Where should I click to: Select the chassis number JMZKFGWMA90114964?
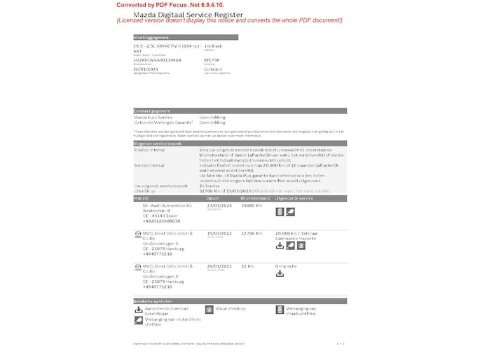tap(157, 60)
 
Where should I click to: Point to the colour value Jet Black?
tap(213, 46)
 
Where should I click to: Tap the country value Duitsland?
tap(213, 69)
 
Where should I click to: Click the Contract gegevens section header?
tap(151, 111)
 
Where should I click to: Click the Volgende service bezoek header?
tap(157, 143)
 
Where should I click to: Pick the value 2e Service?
tap(212, 186)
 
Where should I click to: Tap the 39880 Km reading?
tap(252, 205)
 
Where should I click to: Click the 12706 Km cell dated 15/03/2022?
tap(252, 233)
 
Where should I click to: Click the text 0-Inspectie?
tap(287, 266)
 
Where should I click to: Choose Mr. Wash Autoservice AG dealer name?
tap(167, 205)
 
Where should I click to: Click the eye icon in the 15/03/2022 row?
tap(301, 246)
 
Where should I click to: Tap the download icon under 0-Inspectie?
tap(280, 274)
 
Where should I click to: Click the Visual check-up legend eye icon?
tap(210, 309)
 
